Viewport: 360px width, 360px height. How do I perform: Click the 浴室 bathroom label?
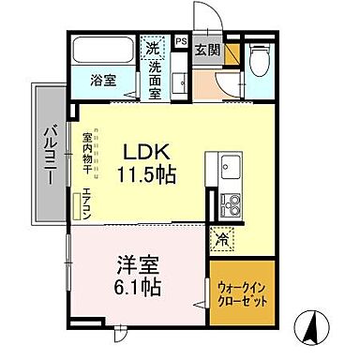(x=102, y=81)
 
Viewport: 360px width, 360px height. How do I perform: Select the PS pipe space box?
(x=180, y=42)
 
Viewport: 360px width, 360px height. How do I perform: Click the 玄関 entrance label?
(x=207, y=51)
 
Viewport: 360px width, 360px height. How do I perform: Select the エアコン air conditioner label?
(x=85, y=205)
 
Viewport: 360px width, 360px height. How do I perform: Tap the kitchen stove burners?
(x=229, y=203)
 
